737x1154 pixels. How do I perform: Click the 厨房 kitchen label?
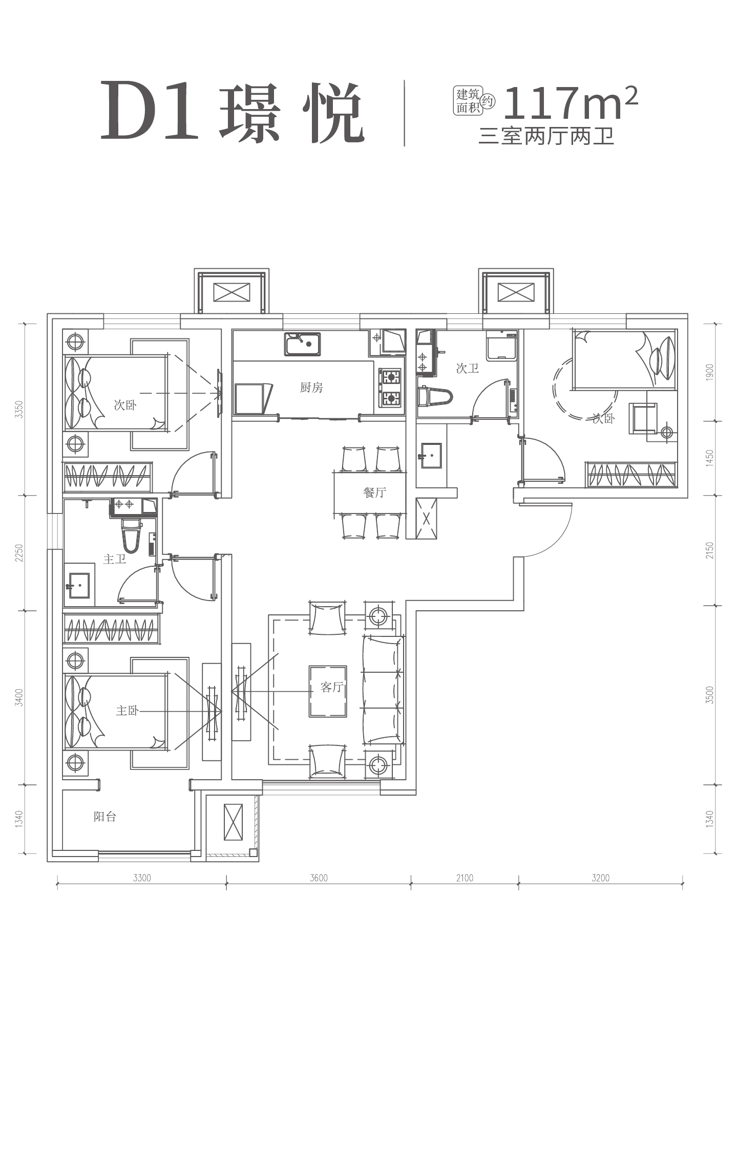311,388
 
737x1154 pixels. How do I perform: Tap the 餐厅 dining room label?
374,493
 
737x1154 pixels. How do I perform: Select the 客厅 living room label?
331,687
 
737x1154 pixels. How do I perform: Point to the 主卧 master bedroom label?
127,711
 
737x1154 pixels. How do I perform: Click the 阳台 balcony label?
105,817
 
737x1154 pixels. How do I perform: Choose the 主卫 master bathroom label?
114,559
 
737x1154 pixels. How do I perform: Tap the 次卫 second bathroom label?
467,368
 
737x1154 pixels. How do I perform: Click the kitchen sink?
303,344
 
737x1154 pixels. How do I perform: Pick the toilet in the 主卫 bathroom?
131,535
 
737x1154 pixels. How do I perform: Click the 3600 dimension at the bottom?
319,878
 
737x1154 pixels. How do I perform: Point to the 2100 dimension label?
465,878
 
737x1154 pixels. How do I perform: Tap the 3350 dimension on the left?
19,410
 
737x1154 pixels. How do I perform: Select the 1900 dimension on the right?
709,372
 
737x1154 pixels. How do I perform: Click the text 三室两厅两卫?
546,137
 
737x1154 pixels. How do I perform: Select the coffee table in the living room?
328,691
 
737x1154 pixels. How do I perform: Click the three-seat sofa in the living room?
383,690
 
